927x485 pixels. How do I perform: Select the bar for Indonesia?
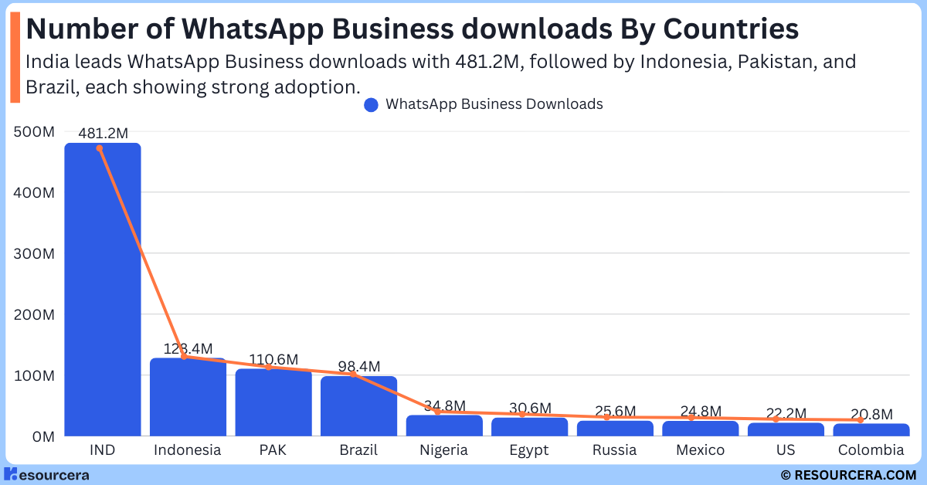(x=187, y=397)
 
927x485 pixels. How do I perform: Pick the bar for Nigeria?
(x=443, y=426)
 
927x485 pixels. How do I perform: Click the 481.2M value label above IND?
(x=102, y=134)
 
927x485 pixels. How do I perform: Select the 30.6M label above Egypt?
(x=529, y=408)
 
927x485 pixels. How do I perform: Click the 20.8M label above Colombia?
(x=871, y=415)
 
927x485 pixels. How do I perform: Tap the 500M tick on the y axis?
(x=34, y=132)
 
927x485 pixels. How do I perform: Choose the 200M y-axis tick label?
(x=34, y=315)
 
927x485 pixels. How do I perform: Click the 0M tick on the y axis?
(x=40, y=436)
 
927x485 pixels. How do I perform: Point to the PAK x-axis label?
(x=273, y=450)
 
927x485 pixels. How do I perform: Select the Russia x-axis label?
(x=614, y=450)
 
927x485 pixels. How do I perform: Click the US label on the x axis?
(x=785, y=450)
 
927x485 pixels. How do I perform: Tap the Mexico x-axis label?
(x=700, y=450)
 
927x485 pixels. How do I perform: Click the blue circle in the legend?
(x=371, y=104)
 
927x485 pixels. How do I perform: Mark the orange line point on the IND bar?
(x=99, y=148)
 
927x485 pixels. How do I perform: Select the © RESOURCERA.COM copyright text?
(x=847, y=475)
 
